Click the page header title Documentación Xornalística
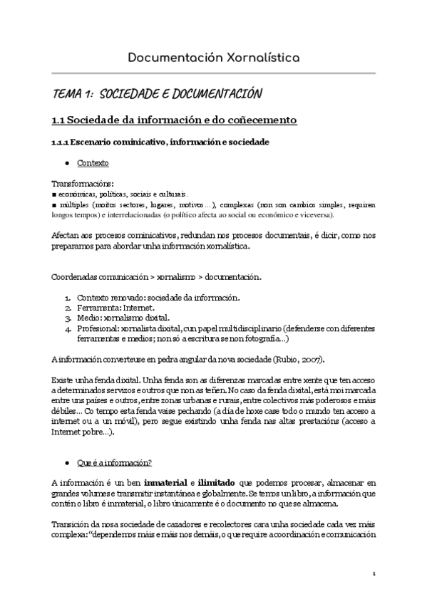click(x=213, y=56)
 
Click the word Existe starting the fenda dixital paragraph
click(x=64, y=380)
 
